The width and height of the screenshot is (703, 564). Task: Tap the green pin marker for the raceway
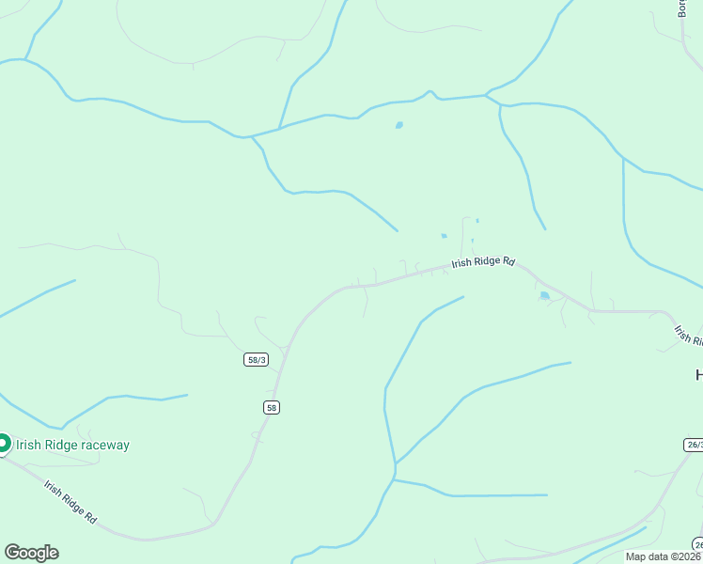(3, 443)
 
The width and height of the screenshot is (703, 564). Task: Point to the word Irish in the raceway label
(27, 445)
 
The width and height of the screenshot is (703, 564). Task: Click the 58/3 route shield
(256, 360)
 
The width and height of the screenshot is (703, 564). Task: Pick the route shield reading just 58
(272, 407)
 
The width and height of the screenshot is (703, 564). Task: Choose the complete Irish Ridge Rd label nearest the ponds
(483, 263)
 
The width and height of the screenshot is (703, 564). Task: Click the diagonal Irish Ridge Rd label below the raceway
(71, 502)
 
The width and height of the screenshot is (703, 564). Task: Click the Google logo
(31, 552)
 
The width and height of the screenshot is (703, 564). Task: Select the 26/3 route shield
(694, 444)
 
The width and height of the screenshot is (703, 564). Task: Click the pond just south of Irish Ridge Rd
(544, 296)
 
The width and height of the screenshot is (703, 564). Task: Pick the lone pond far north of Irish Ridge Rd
(399, 125)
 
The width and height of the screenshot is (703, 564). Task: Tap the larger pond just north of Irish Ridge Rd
(444, 236)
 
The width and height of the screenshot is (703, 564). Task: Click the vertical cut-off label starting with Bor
(682, 8)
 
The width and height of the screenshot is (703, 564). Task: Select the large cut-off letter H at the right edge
(698, 375)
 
